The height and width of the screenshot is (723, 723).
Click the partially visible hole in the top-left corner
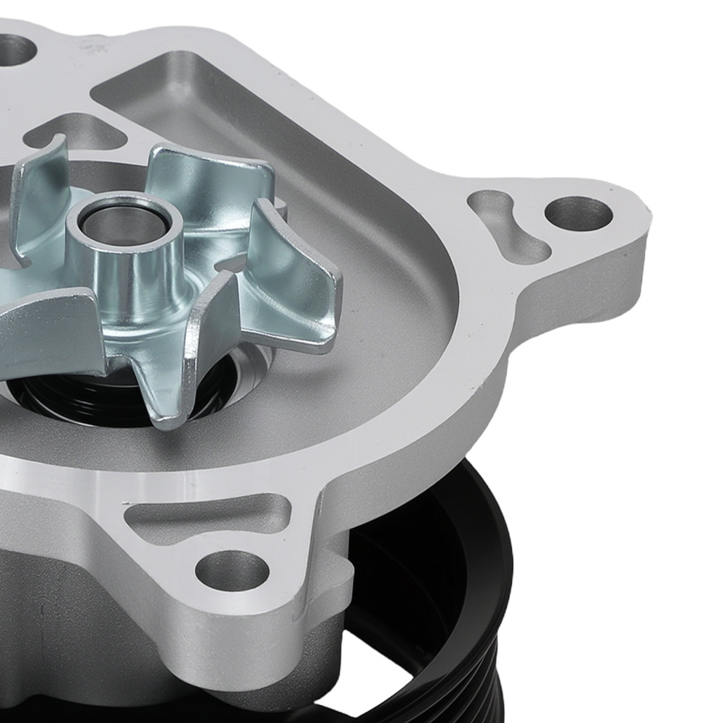16,48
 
